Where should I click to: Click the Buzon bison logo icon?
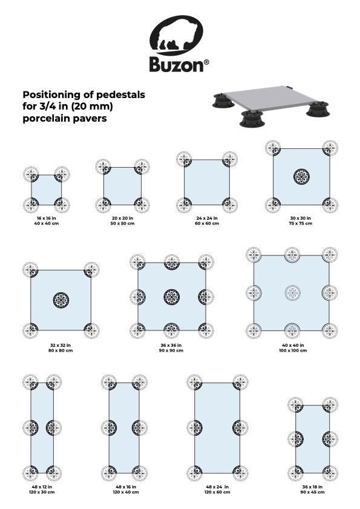click(180, 35)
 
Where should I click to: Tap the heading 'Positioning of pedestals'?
click(83, 96)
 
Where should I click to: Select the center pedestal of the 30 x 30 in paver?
click(301, 176)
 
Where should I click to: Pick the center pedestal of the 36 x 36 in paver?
click(172, 297)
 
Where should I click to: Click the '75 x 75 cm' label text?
click(301, 223)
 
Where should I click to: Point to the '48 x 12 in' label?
click(42, 487)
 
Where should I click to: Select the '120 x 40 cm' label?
click(123, 491)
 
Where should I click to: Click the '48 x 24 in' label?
click(217, 487)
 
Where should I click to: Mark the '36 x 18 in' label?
click(312, 487)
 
